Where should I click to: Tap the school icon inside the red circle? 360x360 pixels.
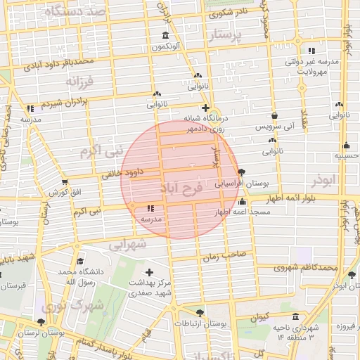pyautogui.click(x=150, y=208)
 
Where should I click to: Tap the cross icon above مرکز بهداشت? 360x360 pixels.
pyautogui.click(x=148, y=272)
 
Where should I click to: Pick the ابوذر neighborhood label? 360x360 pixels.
pyautogui.click(x=323, y=181)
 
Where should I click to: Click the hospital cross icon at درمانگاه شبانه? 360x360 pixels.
pyautogui.click(x=205, y=108)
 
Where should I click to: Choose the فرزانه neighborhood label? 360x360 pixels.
pyautogui.click(x=79, y=82)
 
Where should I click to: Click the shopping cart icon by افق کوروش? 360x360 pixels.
pyautogui.click(x=65, y=183)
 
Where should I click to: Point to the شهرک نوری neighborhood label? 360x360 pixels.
pyautogui.click(x=73, y=306)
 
